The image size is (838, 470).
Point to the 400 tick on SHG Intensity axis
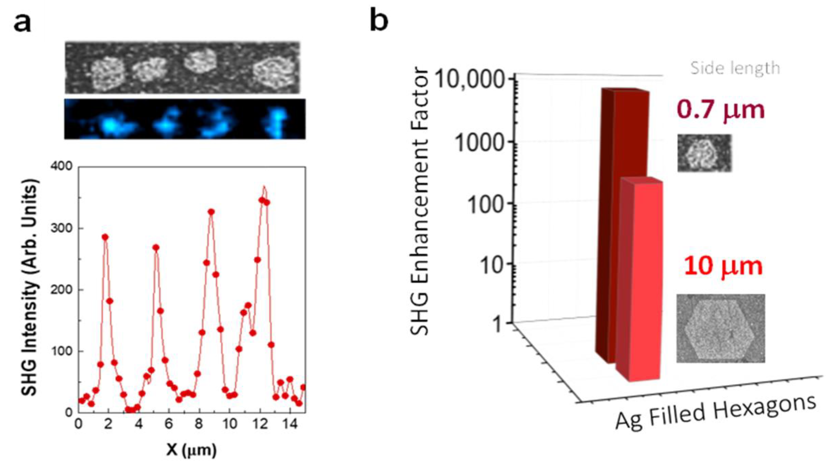[62, 166]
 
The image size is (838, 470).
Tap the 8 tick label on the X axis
[199, 424]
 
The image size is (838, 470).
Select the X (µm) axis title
[191, 450]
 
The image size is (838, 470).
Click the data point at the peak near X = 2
[105, 237]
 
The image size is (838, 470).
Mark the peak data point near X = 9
[211, 212]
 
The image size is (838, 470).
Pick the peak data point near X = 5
[156, 247]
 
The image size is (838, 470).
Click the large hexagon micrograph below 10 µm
[720, 328]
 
